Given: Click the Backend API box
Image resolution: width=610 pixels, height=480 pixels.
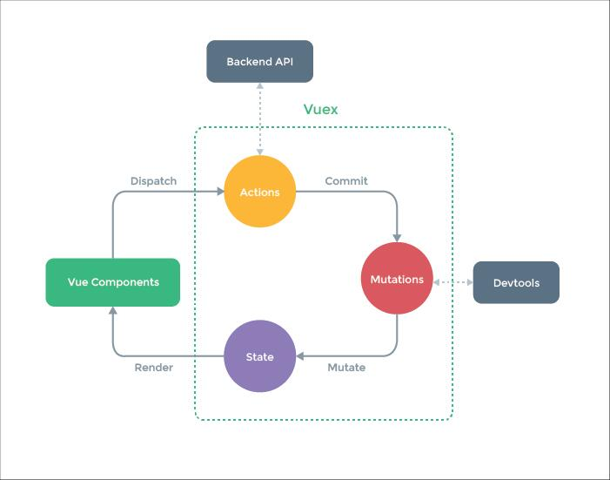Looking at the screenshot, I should [x=259, y=62].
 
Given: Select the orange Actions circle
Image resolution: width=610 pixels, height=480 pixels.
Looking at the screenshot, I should [x=259, y=192].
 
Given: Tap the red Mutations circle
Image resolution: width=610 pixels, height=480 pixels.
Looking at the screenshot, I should [x=397, y=279].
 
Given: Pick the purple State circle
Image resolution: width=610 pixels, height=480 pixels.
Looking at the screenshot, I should [x=259, y=356].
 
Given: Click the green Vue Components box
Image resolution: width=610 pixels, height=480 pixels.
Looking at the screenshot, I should [x=113, y=282].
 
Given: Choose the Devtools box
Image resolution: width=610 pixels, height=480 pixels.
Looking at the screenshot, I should [x=515, y=282].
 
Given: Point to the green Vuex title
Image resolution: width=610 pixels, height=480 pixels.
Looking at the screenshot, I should [x=320, y=110].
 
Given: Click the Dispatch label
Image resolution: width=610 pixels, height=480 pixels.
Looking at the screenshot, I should [x=153, y=181].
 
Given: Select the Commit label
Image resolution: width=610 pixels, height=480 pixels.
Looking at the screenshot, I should [x=346, y=181].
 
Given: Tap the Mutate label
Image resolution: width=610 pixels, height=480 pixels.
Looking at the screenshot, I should [x=346, y=368].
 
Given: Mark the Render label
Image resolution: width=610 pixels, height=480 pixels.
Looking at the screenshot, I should [x=153, y=368].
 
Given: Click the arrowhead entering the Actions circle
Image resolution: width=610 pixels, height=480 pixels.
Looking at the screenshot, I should [x=218, y=192].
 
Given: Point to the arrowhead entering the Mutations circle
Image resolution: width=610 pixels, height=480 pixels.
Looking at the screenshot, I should [x=397, y=236].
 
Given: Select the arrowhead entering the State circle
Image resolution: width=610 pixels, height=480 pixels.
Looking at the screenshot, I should [x=301, y=356].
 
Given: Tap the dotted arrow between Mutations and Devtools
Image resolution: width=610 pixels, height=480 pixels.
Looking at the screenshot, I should [x=452, y=282].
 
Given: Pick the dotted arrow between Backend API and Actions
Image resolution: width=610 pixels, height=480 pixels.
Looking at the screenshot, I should [x=259, y=118].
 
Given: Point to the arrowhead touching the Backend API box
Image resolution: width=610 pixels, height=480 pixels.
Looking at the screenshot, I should [x=259, y=87].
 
